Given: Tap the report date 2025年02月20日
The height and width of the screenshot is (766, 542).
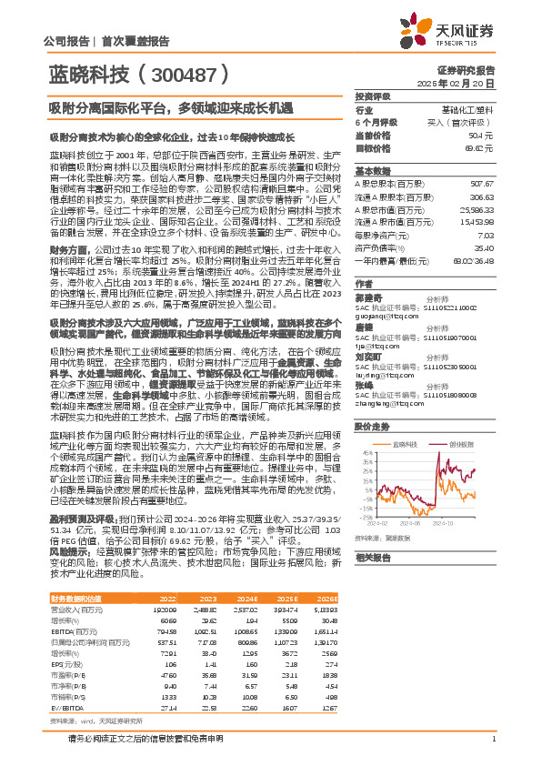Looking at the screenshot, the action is (467, 83).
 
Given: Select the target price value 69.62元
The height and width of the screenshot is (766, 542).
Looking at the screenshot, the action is (478, 146).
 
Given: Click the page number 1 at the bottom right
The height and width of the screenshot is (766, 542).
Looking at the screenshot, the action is (492, 738).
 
